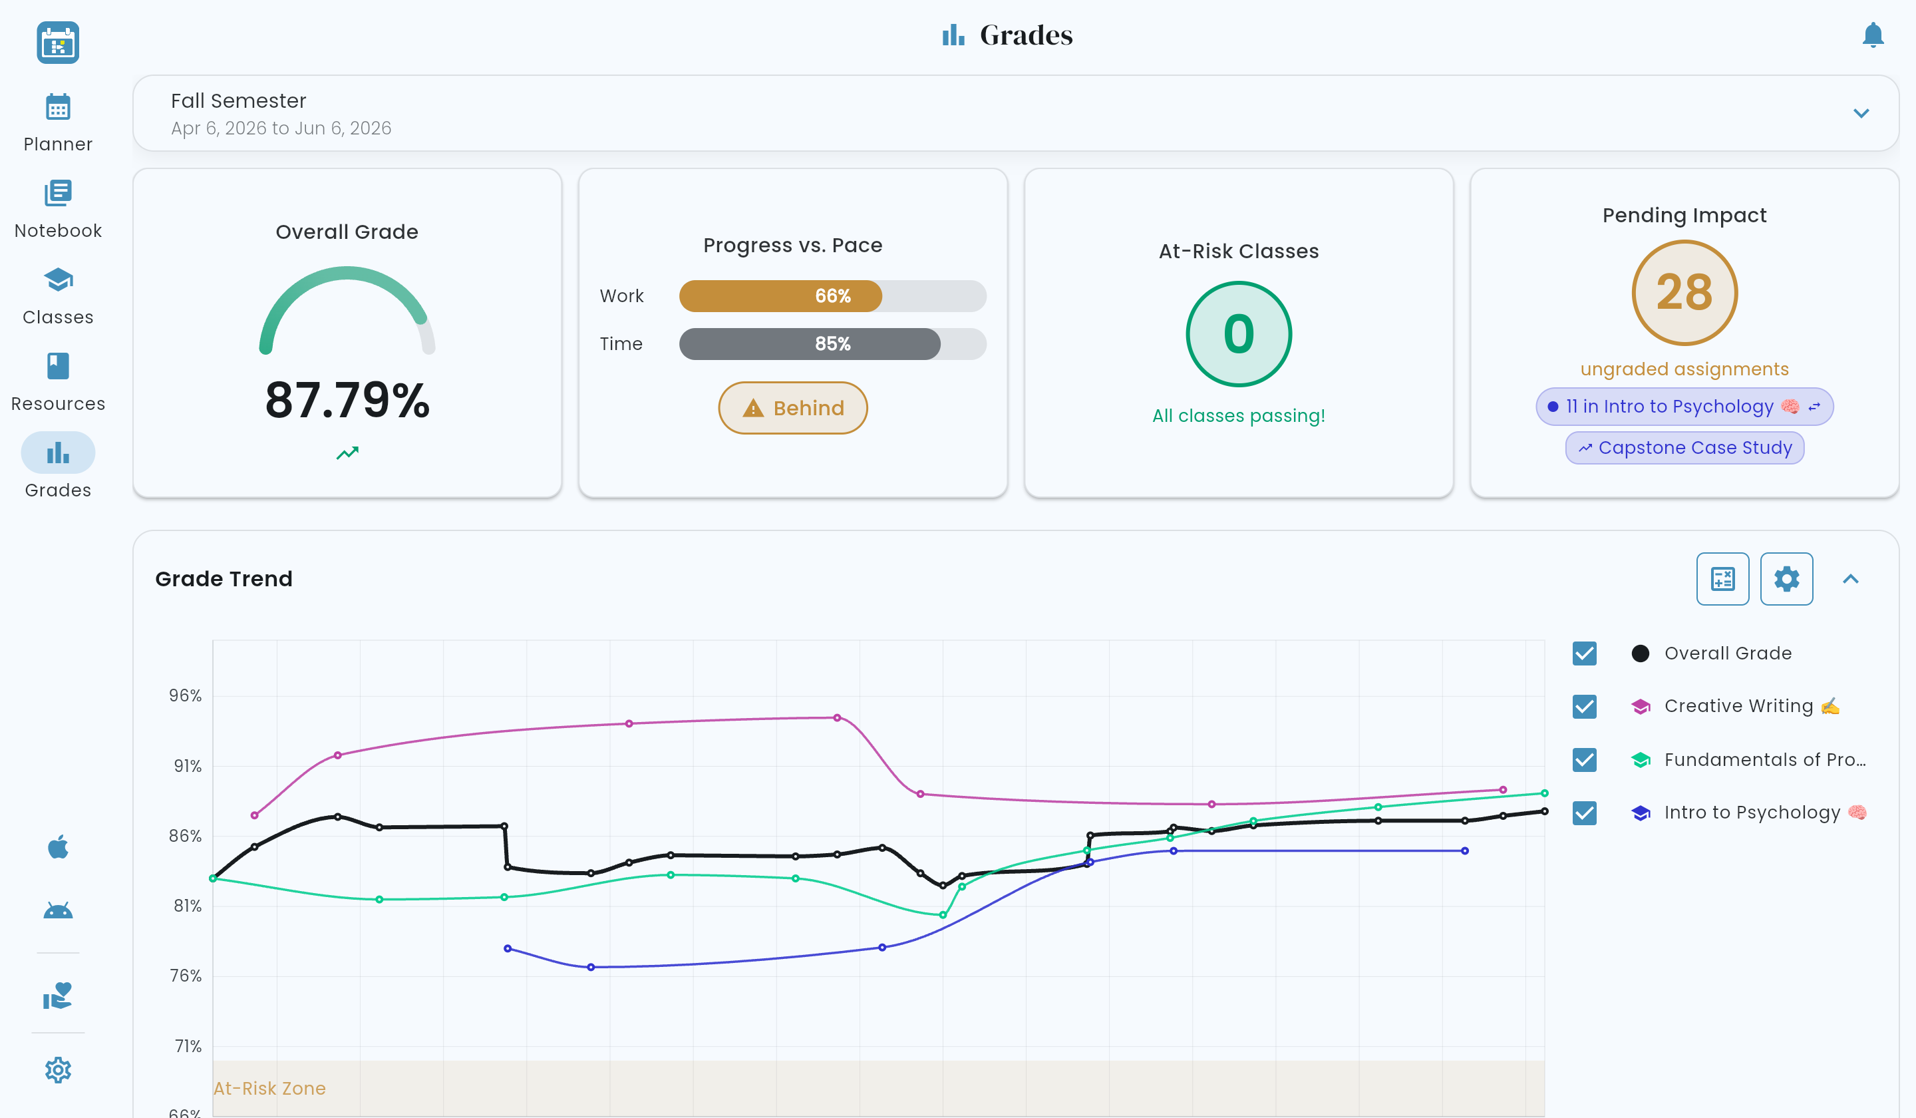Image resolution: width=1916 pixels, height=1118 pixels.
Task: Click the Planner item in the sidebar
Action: pyautogui.click(x=58, y=123)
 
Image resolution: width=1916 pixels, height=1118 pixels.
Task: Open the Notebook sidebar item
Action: pyautogui.click(x=58, y=210)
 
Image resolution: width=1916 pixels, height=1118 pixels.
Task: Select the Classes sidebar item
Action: pyautogui.click(x=58, y=297)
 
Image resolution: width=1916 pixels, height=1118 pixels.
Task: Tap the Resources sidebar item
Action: pyautogui.click(x=58, y=383)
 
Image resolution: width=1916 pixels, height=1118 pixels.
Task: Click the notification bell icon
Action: pyautogui.click(x=1873, y=35)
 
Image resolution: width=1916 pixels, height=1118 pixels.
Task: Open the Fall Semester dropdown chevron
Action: pyautogui.click(x=1861, y=113)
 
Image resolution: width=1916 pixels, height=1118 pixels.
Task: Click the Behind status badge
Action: pyautogui.click(x=792, y=408)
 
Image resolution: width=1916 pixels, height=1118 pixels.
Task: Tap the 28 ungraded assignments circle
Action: pyautogui.click(x=1684, y=293)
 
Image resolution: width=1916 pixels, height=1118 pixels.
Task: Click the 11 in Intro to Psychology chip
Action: pyautogui.click(x=1684, y=407)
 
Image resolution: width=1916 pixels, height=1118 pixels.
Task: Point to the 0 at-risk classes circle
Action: pyautogui.click(x=1239, y=334)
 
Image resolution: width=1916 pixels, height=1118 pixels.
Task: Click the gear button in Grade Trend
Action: pyautogui.click(x=1786, y=579)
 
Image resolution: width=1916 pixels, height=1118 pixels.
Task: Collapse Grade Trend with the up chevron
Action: pyautogui.click(x=1851, y=579)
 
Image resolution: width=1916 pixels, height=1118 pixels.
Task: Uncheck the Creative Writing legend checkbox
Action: pyautogui.click(x=1585, y=707)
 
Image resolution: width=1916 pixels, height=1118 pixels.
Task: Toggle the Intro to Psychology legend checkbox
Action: pyautogui.click(x=1585, y=813)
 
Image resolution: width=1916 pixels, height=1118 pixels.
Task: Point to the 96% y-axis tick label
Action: pyautogui.click(x=186, y=696)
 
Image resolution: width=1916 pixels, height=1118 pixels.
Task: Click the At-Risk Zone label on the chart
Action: pyautogui.click(x=269, y=1088)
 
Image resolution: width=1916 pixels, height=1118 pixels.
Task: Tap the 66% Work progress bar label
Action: pyautogui.click(x=832, y=296)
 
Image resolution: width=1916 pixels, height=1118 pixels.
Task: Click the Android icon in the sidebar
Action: pyautogui.click(x=58, y=910)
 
